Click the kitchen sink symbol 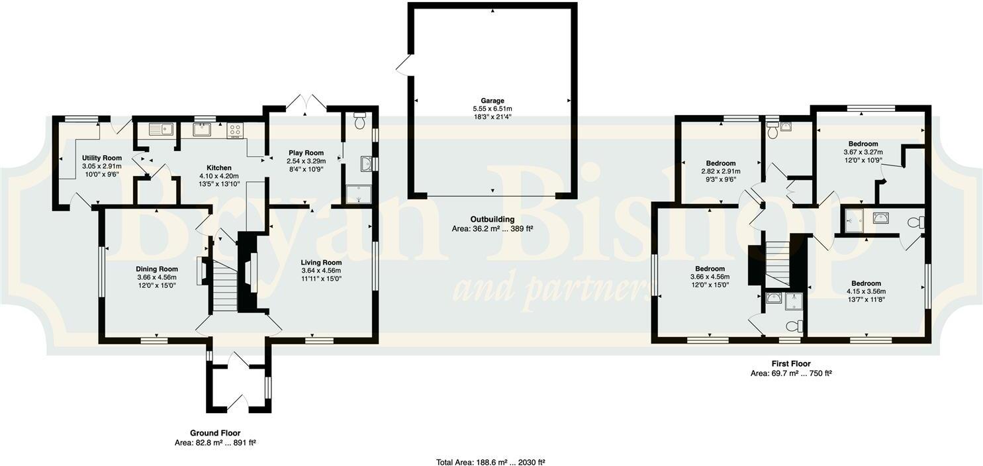click(161, 129)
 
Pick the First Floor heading click(790, 363)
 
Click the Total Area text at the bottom click(491, 462)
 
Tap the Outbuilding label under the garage click(492, 219)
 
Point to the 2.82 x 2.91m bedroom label click(720, 163)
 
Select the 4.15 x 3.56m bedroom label click(866, 283)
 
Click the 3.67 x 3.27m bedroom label click(863, 144)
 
